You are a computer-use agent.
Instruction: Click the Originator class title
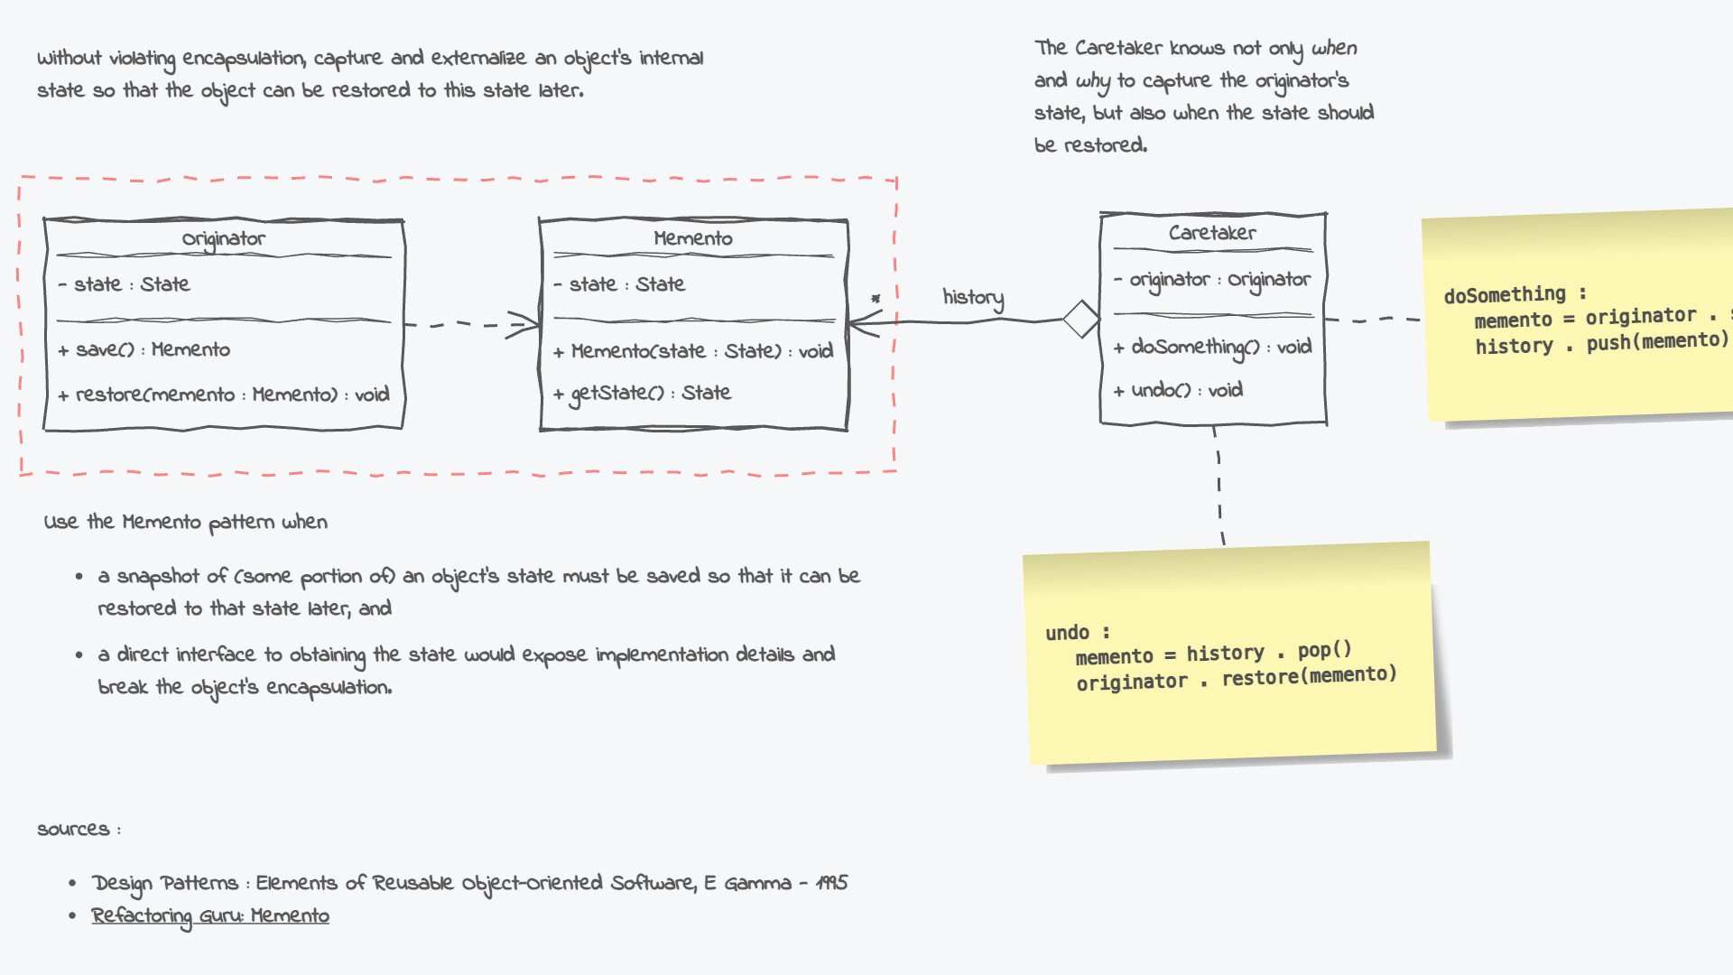(x=223, y=239)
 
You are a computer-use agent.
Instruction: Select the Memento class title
(x=692, y=238)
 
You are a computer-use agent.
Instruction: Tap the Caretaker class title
(x=1211, y=233)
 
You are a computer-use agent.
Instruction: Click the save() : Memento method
(x=144, y=350)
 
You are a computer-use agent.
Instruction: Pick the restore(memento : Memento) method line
(x=224, y=395)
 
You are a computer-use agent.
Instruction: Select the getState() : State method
(x=643, y=394)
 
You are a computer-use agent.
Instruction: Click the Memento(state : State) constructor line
(x=693, y=351)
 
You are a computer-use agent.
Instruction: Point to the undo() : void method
(x=1178, y=391)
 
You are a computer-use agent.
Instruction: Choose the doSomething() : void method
(x=1212, y=348)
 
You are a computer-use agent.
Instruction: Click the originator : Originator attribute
(x=1212, y=281)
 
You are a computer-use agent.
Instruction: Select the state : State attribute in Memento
(x=620, y=285)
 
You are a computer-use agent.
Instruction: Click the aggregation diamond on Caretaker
(x=1080, y=319)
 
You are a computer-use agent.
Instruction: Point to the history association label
(x=973, y=298)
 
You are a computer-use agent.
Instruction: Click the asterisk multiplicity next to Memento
(x=875, y=299)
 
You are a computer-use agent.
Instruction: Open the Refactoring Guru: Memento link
(x=210, y=916)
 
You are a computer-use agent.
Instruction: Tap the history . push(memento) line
(x=1602, y=343)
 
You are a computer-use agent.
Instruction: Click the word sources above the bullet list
(x=73, y=830)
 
